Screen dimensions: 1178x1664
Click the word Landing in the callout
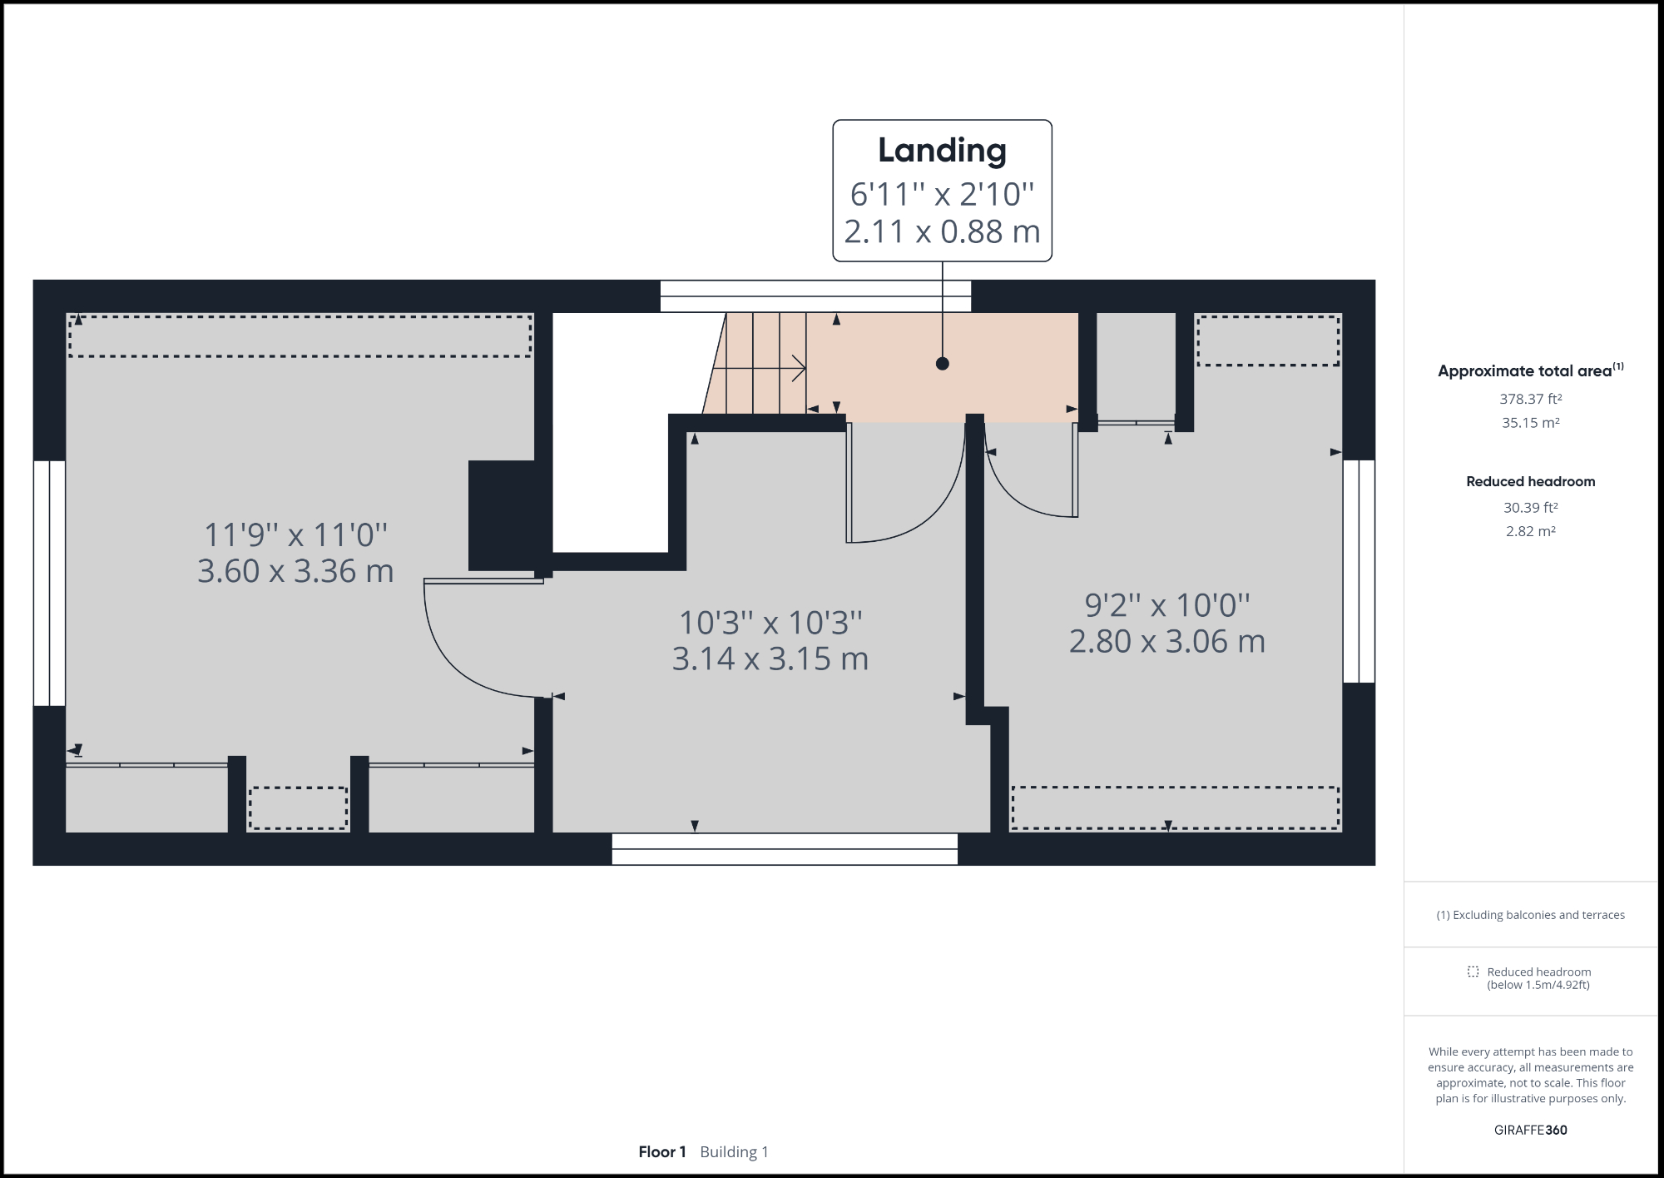942,151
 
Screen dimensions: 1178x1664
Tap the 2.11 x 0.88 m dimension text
942,231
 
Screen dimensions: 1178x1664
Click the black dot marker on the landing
942,364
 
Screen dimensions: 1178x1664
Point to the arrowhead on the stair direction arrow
800,368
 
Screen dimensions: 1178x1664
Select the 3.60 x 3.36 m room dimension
295,571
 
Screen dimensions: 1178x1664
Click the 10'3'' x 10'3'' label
770,623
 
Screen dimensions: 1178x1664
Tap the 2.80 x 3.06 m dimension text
1166,641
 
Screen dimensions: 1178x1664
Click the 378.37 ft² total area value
1530,399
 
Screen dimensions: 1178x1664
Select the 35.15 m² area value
1530,423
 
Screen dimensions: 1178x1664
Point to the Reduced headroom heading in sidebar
1530,481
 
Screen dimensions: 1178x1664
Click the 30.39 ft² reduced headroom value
1530,507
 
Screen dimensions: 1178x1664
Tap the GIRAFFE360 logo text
1530,1130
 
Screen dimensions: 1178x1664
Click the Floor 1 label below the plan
662,1151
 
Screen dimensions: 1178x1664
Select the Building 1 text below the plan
734,1151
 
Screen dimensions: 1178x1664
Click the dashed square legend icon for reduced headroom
1473,972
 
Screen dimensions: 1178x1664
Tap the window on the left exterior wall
49,583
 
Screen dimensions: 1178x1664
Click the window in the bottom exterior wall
785,849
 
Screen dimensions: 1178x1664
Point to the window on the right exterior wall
1359,571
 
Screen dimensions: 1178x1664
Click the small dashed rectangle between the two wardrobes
298,808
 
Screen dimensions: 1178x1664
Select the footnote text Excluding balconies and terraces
1530,915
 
